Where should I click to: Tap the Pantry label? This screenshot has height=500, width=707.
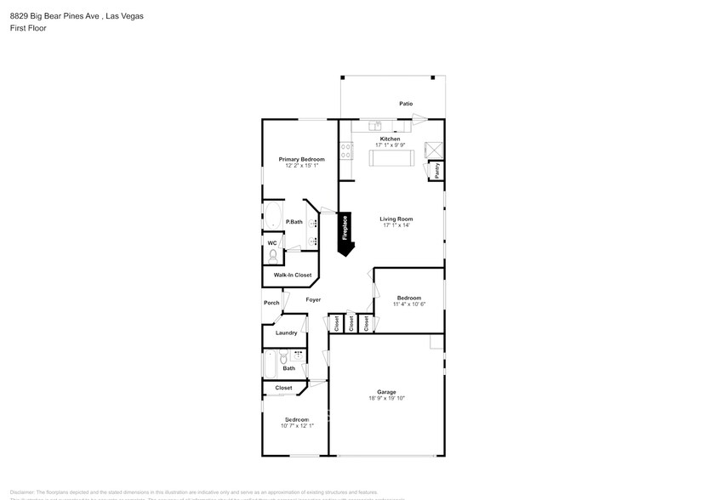tap(436, 171)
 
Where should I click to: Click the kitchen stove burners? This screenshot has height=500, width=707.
tap(346, 151)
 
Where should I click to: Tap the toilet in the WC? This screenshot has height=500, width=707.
tap(273, 253)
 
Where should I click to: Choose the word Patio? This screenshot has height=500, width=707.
tap(407, 104)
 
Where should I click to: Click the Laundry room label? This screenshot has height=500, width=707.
tap(286, 332)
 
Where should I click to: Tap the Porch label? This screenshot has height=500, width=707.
tap(271, 303)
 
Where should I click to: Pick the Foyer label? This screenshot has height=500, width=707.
tap(313, 300)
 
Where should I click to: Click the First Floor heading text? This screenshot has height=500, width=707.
tap(28, 28)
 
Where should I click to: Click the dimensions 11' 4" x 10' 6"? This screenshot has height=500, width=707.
tap(408, 304)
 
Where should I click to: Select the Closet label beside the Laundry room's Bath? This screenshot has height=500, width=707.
tap(283, 388)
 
